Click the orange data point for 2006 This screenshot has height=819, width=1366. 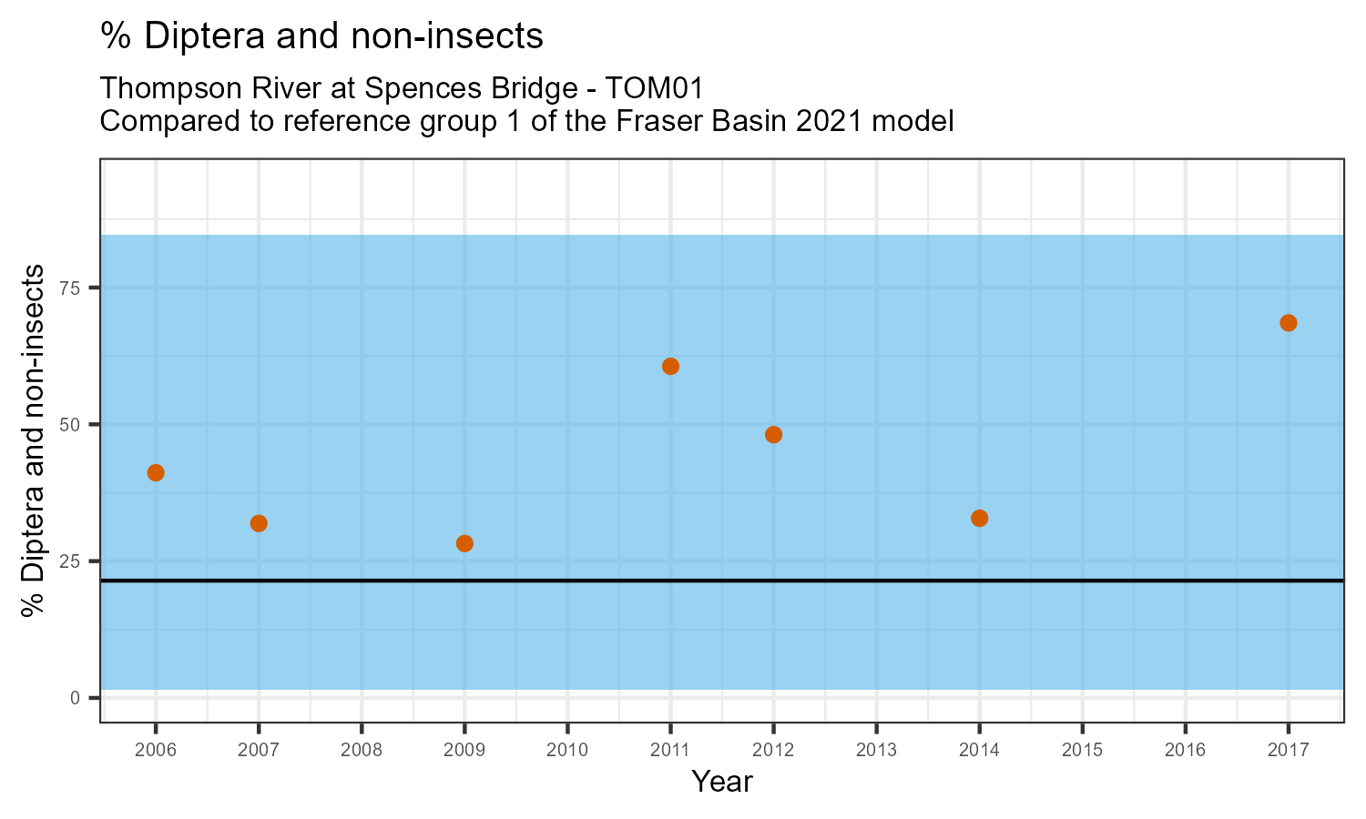tap(156, 472)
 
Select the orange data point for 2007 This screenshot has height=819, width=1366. tap(259, 523)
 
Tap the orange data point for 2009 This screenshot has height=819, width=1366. tap(464, 543)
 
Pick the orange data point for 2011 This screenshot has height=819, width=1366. tap(670, 367)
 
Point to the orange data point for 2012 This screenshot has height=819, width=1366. tap(773, 435)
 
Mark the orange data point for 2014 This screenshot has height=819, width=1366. tap(980, 519)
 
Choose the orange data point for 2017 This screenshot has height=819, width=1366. tap(1289, 323)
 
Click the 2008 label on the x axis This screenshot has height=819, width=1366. tap(362, 750)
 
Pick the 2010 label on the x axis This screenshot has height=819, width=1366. tap(567, 750)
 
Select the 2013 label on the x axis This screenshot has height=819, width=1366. tap(876, 750)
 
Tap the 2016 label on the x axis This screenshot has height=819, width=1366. tap(1186, 750)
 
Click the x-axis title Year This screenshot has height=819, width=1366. tap(721, 782)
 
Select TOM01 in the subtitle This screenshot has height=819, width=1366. tap(654, 88)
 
